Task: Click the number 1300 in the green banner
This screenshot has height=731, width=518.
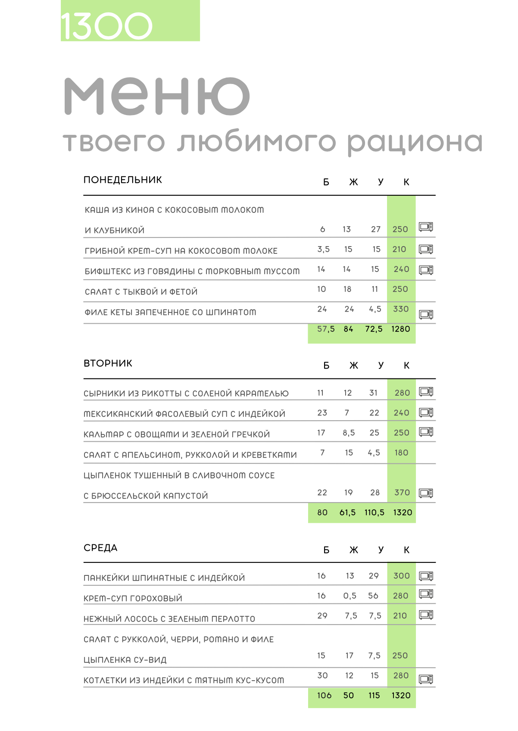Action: tap(106, 26)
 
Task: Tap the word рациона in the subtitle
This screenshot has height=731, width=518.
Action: tap(415, 143)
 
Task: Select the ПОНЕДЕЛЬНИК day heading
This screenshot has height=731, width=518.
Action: tap(123, 180)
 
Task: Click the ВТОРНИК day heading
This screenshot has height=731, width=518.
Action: tap(108, 363)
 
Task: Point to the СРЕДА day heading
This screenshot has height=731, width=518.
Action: tap(100, 548)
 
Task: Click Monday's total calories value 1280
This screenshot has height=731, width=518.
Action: tap(400, 329)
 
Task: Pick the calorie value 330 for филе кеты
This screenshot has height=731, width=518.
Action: tap(401, 309)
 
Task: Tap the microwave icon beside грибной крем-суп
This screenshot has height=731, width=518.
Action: tap(426, 249)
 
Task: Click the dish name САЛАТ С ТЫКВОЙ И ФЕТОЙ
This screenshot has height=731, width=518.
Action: tap(141, 292)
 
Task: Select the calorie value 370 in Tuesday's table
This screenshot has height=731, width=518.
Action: tap(402, 493)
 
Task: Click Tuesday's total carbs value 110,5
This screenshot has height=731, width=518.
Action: tap(374, 512)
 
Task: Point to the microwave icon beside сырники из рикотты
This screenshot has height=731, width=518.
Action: tap(426, 392)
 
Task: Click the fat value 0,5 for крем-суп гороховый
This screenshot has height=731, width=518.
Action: tap(349, 596)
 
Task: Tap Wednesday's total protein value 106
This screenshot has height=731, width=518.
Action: tap(324, 695)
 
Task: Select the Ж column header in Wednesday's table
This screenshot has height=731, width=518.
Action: tap(353, 550)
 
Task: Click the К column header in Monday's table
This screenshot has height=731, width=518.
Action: tap(406, 182)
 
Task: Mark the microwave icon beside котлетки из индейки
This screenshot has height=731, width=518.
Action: tap(426, 679)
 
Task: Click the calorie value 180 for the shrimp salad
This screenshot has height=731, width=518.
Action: tap(401, 453)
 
